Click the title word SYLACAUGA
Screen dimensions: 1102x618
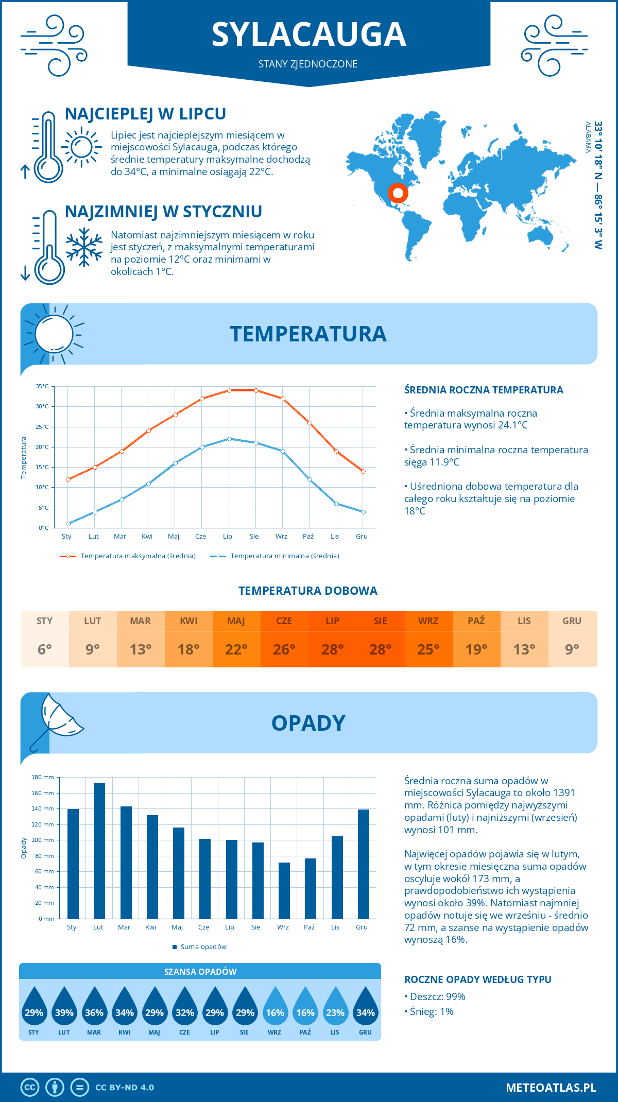click(x=308, y=35)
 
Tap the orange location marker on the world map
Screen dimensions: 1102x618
click(x=398, y=193)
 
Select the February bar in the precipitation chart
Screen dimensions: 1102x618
click(x=99, y=850)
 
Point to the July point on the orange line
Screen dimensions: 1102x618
click(x=229, y=390)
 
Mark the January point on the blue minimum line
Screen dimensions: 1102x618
click(x=68, y=524)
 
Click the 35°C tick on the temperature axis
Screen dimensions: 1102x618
click(x=42, y=386)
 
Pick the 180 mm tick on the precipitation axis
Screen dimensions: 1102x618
click(x=43, y=777)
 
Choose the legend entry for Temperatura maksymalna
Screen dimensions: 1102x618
click(x=128, y=556)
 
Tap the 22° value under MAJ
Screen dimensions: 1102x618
click(x=236, y=649)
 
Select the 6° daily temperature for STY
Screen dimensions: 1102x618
click(x=45, y=649)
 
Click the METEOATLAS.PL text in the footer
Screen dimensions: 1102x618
click(x=551, y=1087)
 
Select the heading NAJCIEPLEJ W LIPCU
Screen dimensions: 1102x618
click(x=146, y=114)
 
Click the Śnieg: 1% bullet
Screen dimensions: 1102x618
click(x=429, y=1011)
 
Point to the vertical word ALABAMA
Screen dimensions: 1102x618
click(x=588, y=137)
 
